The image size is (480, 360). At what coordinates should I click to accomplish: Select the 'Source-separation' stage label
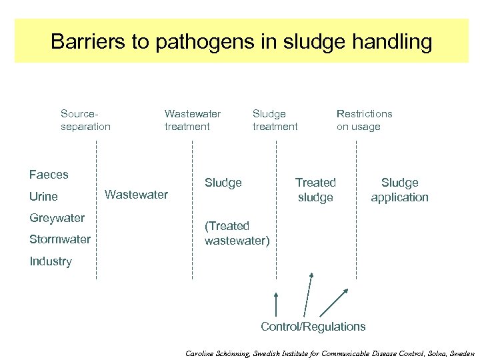85,120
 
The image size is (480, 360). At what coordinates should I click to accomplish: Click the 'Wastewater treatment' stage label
192,120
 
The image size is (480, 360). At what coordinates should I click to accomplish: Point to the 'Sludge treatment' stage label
275,120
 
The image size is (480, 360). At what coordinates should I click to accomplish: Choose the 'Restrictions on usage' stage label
364,120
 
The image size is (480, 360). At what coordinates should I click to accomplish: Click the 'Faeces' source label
49,175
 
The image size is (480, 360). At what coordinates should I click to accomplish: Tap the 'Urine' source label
43,197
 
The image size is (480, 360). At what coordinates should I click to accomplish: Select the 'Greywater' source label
57,218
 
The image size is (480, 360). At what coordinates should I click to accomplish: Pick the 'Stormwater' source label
60,239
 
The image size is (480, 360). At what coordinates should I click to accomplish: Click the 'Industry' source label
51,261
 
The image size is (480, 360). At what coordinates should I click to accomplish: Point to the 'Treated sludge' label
315,189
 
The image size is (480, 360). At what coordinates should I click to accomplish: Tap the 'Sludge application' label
399,189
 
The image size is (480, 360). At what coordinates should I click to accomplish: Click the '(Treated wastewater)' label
237,233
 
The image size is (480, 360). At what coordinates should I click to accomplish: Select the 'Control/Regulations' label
313,327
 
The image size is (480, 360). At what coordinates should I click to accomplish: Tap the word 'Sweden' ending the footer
459,353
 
